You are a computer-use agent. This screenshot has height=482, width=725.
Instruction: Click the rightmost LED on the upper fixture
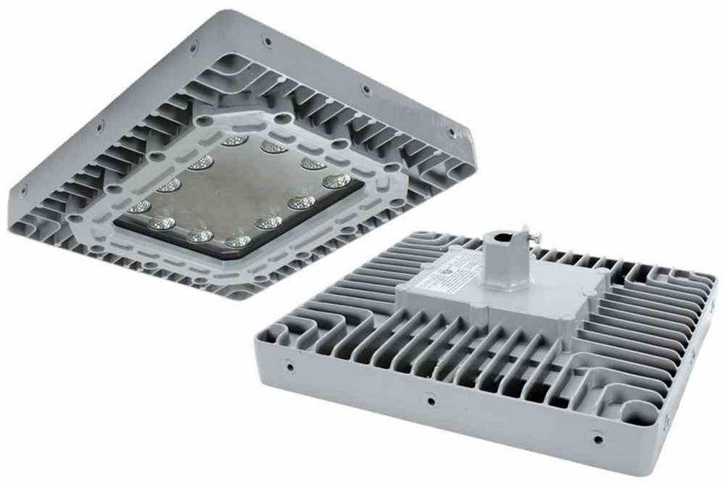click(336, 180)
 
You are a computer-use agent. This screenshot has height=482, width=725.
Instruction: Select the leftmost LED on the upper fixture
click(139, 207)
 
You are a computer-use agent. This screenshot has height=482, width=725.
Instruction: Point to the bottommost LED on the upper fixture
click(237, 241)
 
